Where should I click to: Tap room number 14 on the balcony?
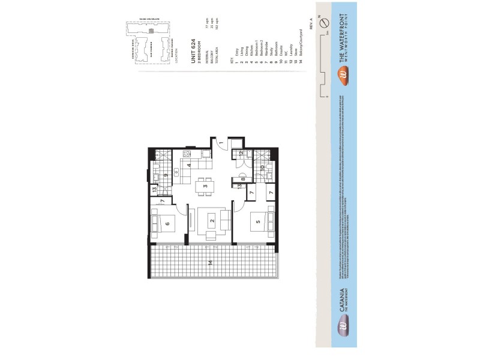coord(210,263)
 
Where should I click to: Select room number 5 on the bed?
coord(257,223)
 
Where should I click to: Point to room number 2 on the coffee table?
coord(212,221)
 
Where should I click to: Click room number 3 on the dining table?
coord(205,187)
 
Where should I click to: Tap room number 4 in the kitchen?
coord(189,165)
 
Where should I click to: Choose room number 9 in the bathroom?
coord(165,176)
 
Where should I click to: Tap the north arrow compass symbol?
coord(324,22)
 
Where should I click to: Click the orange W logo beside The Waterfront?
coord(343,74)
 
